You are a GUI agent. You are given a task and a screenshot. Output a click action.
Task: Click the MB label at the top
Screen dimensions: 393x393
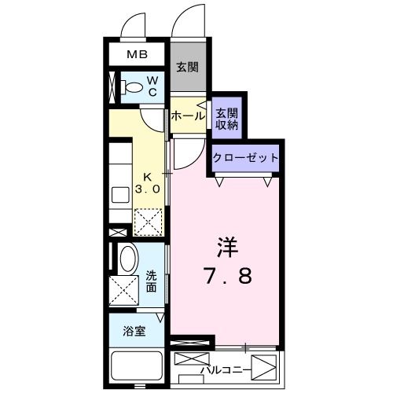pyautogui.click(x=138, y=55)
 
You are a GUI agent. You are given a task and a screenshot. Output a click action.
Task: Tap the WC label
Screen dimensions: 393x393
pyautogui.click(x=153, y=86)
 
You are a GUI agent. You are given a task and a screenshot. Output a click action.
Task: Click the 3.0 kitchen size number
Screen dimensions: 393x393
pyautogui.click(x=149, y=189)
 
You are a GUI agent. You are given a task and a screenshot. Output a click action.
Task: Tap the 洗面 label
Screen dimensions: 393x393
pyautogui.click(x=151, y=281)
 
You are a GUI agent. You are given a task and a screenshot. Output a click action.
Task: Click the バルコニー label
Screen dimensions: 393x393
pyautogui.click(x=226, y=367)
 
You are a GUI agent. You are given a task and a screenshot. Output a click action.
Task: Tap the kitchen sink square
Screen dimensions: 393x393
pyautogui.click(x=120, y=195)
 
